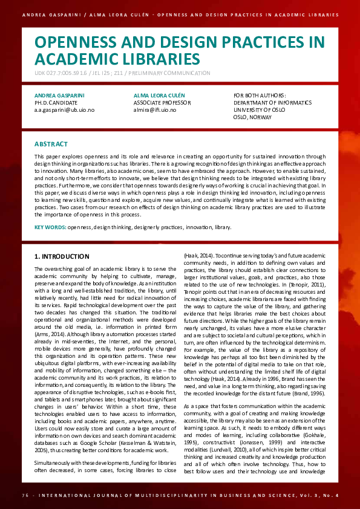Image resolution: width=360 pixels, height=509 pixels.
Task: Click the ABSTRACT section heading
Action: pyautogui.click(x=51, y=144)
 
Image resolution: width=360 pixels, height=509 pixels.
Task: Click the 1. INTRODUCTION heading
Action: pyautogui.click(x=62, y=256)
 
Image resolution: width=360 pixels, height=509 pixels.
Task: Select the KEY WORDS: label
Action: pyautogui.click(x=50, y=227)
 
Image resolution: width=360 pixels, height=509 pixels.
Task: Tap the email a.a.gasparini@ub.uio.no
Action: pyautogui.click(x=64, y=111)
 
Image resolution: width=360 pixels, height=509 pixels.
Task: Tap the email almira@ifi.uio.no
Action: pyautogui.click(x=155, y=111)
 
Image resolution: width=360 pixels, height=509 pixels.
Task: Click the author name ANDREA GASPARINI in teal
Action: pyautogui.click(x=59, y=96)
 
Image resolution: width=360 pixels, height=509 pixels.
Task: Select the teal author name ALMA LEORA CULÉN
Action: pyautogui.click(x=159, y=96)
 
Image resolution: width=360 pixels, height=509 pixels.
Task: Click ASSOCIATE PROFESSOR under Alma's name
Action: pyautogui.click(x=161, y=103)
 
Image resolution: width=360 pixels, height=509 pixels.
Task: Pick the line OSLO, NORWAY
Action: pyautogui.click(x=252, y=117)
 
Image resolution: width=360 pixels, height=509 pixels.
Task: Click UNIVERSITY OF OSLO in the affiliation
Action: pyautogui.click(x=258, y=110)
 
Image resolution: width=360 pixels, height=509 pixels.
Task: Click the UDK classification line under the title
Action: pyautogui.click(x=122, y=73)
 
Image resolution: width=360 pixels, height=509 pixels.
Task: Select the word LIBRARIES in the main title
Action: pyautogui.click(x=162, y=59)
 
